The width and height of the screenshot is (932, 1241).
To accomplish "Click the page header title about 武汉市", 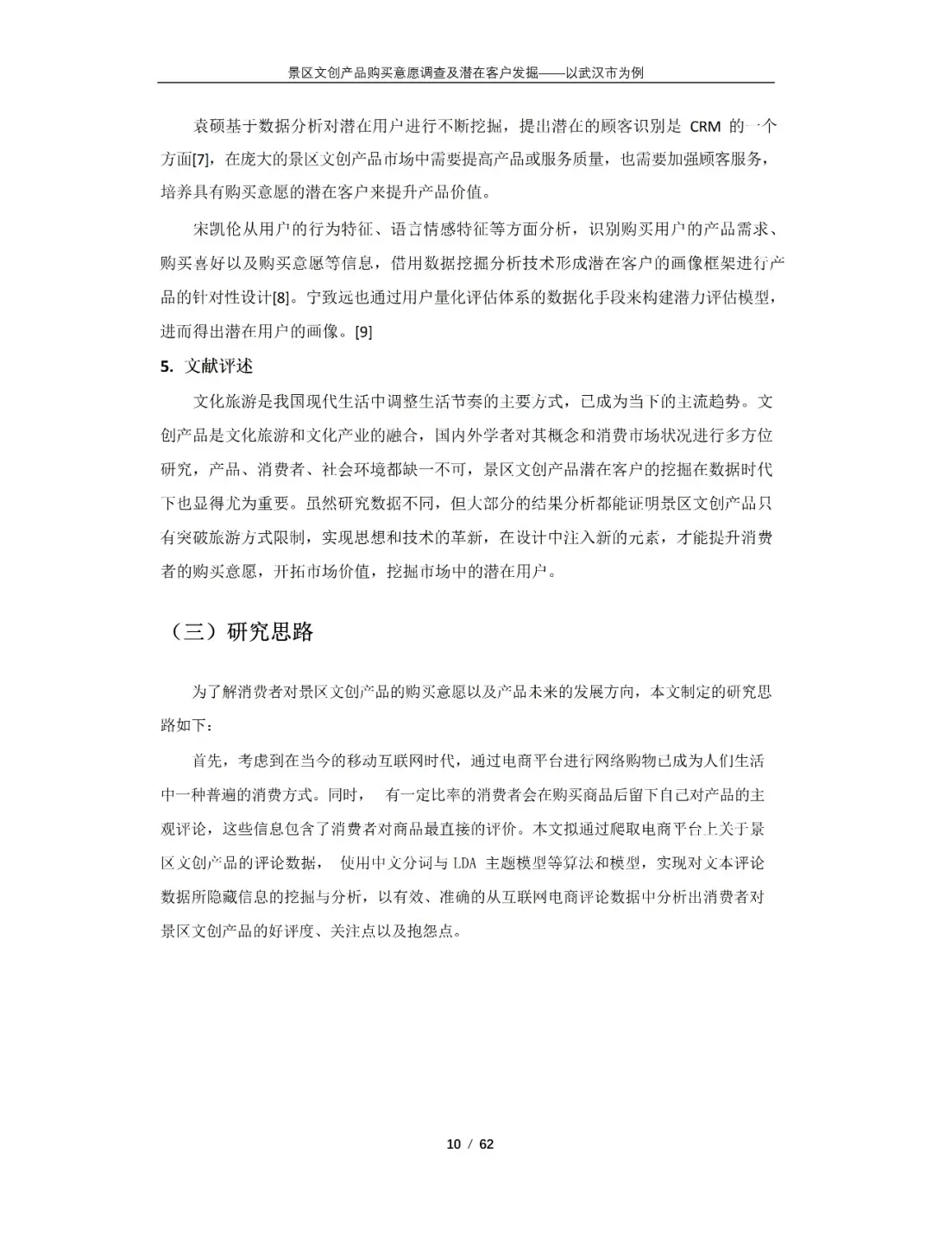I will click(x=465, y=72).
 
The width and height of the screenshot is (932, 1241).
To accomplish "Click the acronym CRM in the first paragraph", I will click(x=705, y=128).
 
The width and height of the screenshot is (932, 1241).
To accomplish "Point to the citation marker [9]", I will click(x=363, y=331).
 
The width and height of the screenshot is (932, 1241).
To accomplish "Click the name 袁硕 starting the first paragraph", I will click(x=208, y=128).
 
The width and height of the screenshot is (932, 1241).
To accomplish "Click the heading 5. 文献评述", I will click(x=207, y=366).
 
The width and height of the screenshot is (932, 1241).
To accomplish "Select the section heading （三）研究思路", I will click(x=242, y=632).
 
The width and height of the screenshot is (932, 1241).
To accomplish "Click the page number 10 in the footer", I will click(x=453, y=1144).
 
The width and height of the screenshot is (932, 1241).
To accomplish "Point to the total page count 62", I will click(x=486, y=1144).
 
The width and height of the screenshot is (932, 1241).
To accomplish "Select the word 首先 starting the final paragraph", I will click(x=208, y=761).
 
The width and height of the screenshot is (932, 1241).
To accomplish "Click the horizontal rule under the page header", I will click(x=465, y=83).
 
